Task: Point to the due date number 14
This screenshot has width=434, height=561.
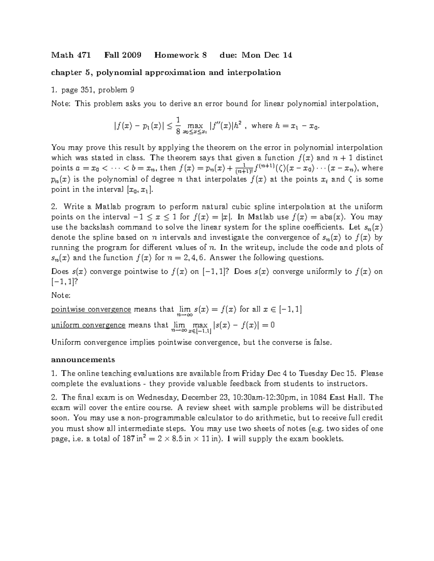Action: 288,55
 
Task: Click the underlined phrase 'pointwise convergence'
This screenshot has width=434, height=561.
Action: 91,309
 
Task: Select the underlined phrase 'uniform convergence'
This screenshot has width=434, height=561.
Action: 88,325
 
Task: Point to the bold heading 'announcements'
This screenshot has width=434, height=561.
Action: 83,360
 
